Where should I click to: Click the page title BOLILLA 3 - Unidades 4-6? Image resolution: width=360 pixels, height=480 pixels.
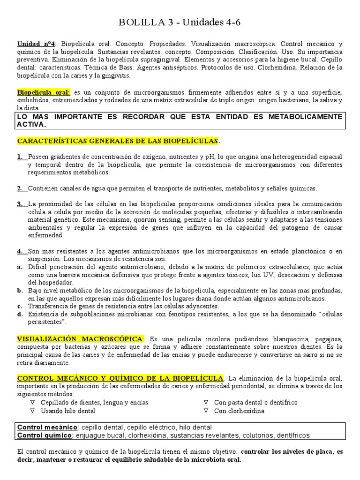180,22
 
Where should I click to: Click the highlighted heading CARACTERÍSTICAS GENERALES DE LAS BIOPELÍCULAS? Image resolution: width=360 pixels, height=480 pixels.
118,141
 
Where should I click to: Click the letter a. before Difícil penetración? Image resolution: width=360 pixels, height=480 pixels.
20,267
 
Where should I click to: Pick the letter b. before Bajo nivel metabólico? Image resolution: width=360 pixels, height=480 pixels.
20,291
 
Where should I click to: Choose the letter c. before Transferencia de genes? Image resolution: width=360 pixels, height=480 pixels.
20,306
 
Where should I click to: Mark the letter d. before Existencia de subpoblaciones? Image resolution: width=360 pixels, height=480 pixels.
20,314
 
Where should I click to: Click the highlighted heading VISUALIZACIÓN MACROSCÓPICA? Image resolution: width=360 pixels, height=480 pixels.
80,339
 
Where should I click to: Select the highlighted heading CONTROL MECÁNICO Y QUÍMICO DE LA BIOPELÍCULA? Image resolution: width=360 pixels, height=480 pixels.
120,378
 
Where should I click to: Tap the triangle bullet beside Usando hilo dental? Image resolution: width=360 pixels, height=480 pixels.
32,411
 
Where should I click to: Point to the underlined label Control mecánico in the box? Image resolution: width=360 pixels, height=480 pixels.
47,427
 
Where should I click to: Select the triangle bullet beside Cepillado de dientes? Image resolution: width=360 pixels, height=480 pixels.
32,403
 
